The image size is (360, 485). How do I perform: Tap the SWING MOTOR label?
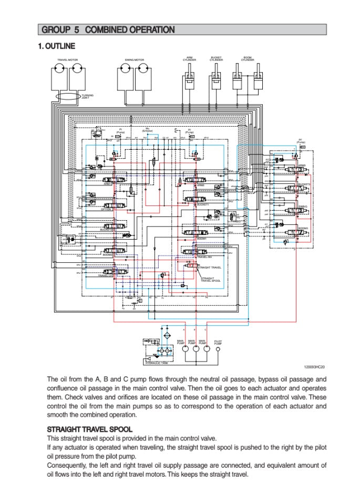(x=135, y=60)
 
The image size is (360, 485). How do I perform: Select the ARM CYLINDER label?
(x=190, y=59)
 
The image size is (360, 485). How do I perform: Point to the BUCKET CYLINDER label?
(x=216, y=59)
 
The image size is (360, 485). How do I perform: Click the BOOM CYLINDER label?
(x=248, y=59)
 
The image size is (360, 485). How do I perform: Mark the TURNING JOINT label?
(x=87, y=97)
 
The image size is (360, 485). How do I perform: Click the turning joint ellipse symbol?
(x=67, y=96)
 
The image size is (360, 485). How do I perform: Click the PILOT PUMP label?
(x=218, y=342)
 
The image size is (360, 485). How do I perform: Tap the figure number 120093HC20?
(x=315, y=367)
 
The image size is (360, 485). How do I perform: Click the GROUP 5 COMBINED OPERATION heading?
(x=108, y=30)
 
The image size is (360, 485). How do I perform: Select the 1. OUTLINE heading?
(x=56, y=46)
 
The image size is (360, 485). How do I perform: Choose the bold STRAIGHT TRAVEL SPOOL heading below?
(x=89, y=429)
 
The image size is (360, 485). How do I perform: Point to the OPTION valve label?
(x=106, y=209)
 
